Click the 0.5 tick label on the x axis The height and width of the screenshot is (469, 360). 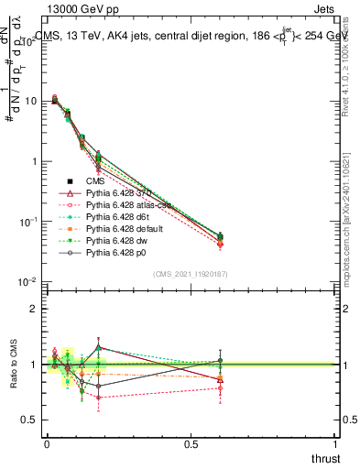click(x=191, y=443)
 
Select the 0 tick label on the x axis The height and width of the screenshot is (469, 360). click(x=47, y=443)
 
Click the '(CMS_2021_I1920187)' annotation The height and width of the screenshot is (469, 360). click(x=191, y=274)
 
